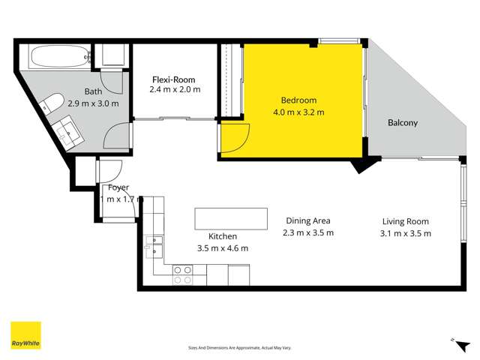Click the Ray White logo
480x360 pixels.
25,336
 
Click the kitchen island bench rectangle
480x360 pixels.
230,219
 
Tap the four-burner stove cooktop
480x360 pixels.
182,274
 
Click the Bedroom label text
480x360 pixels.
298,100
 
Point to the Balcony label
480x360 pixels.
403,123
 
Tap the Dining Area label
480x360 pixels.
308,220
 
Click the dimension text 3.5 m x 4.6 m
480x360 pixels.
222,248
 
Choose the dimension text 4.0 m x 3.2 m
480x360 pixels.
298,112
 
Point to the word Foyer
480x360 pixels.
118,187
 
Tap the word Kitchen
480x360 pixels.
223,236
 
